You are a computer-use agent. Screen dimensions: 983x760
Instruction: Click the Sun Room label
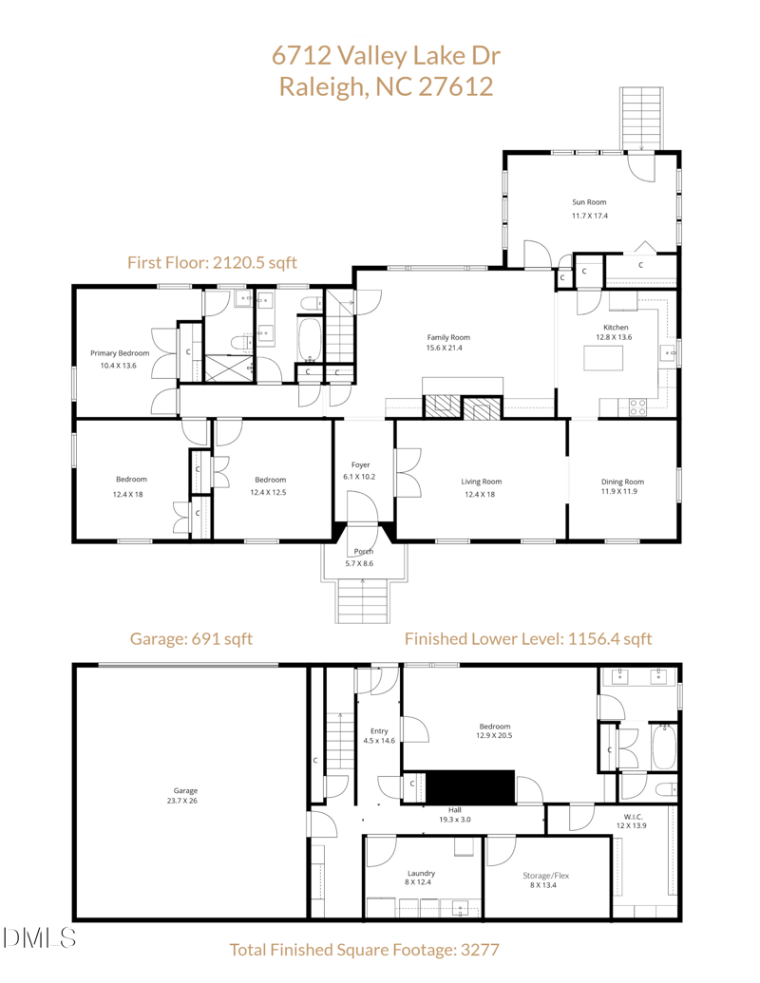click(589, 202)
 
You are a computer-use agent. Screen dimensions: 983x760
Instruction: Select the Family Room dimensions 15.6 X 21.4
click(448, 349)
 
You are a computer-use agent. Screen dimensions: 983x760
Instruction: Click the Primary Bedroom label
click(120, 353)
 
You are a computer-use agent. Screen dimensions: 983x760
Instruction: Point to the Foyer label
click(360, 464)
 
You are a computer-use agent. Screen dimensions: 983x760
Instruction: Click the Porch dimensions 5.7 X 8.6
click(359, 564)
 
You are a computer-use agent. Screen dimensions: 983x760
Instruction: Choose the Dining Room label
click(622, 482)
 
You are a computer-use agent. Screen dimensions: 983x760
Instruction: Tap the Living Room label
click(482, 482)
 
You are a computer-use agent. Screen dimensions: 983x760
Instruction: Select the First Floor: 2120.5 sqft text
click(213, 262)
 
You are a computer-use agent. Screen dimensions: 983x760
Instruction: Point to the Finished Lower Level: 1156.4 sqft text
click(528, 639)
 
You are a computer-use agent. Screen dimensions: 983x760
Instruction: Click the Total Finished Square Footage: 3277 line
click(365, 949)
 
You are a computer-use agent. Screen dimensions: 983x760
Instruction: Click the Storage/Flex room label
click(546, 876)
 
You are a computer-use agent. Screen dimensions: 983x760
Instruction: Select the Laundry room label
click(422, 873)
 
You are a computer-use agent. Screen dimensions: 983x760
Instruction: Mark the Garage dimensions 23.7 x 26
click(185, 801)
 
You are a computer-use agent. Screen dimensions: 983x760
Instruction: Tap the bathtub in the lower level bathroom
click(662, 747)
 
